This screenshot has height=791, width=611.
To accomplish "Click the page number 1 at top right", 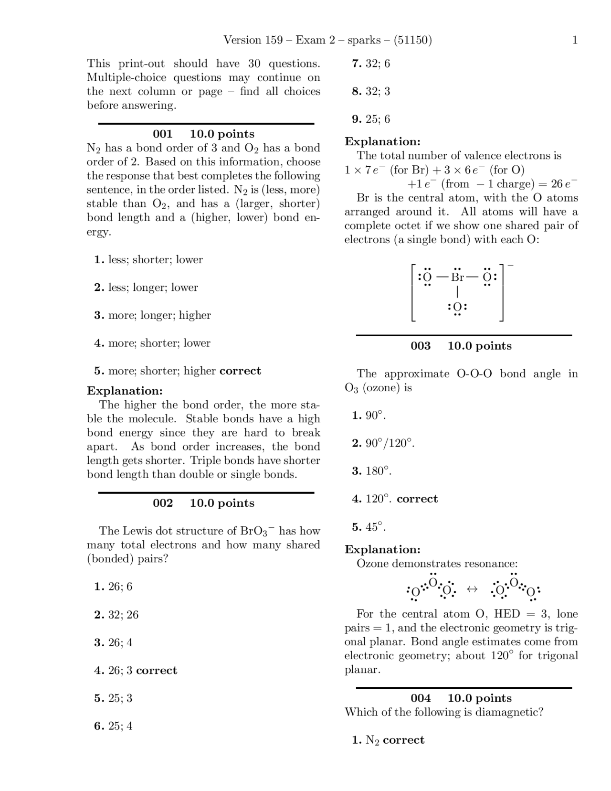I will (575, 40).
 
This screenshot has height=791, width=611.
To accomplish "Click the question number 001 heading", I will (162, 134).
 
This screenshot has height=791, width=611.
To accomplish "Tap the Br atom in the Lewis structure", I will (457, 277).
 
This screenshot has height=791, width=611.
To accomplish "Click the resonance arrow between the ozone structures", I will (472, 589).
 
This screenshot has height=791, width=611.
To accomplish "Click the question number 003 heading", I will (420, 346).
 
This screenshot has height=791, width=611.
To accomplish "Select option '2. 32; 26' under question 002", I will (116, 615).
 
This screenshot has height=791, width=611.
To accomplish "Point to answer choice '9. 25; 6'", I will (371, 119).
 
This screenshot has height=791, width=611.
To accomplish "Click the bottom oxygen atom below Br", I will (457, 307).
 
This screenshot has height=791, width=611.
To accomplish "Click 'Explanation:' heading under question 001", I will (125, 391).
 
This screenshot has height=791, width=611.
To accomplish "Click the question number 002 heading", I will (162, 503).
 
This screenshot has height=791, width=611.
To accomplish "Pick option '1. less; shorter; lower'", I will (148, 260).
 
